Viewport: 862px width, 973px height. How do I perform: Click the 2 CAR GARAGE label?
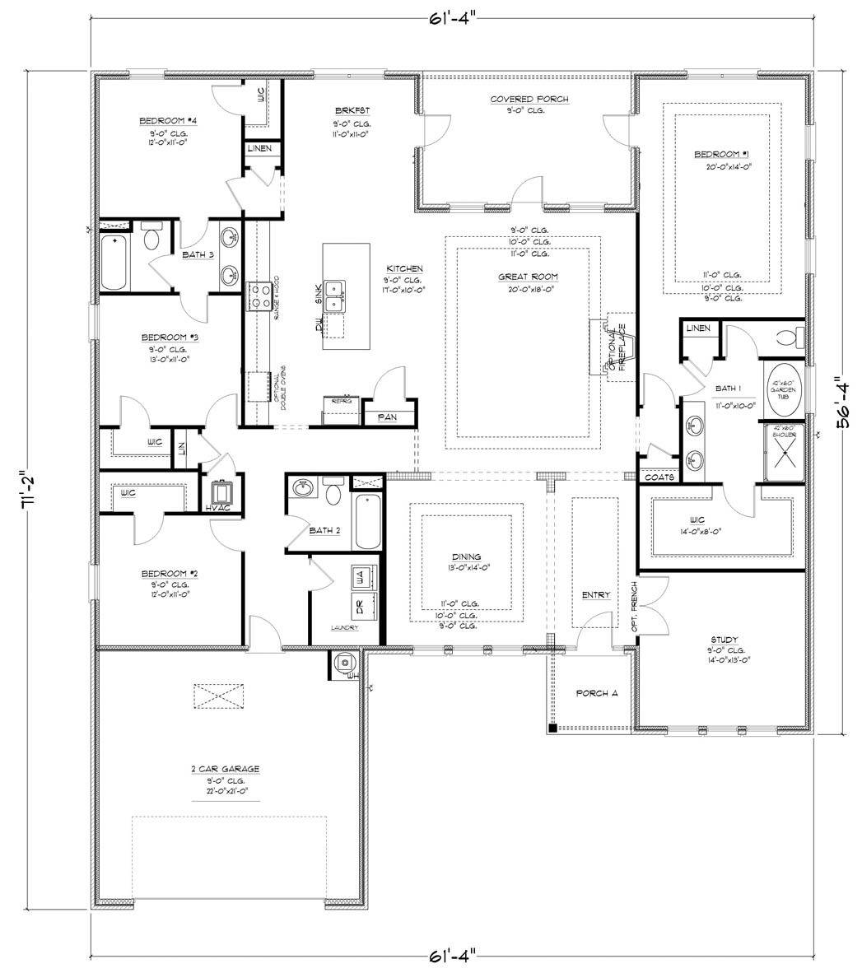point(225,769)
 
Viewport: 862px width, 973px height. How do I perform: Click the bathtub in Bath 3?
point(115,262)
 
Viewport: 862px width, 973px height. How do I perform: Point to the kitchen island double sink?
point(334,296)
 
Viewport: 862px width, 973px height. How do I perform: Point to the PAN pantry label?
point(387,417)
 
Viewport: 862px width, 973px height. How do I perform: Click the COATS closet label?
point(659,477)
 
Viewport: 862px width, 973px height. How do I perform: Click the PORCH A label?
point(597,693)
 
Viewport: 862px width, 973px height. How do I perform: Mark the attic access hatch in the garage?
point(219,695)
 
